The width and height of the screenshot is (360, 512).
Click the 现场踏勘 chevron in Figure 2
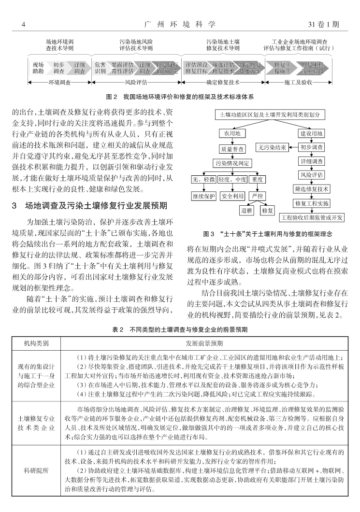point(38,68)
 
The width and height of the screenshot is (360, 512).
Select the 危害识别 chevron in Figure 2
point(101,68)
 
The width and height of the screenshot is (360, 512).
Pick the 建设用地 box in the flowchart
point(312,133)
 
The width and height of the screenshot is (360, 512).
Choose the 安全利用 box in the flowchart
point(232,196)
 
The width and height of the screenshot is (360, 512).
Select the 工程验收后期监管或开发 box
point(312,217)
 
